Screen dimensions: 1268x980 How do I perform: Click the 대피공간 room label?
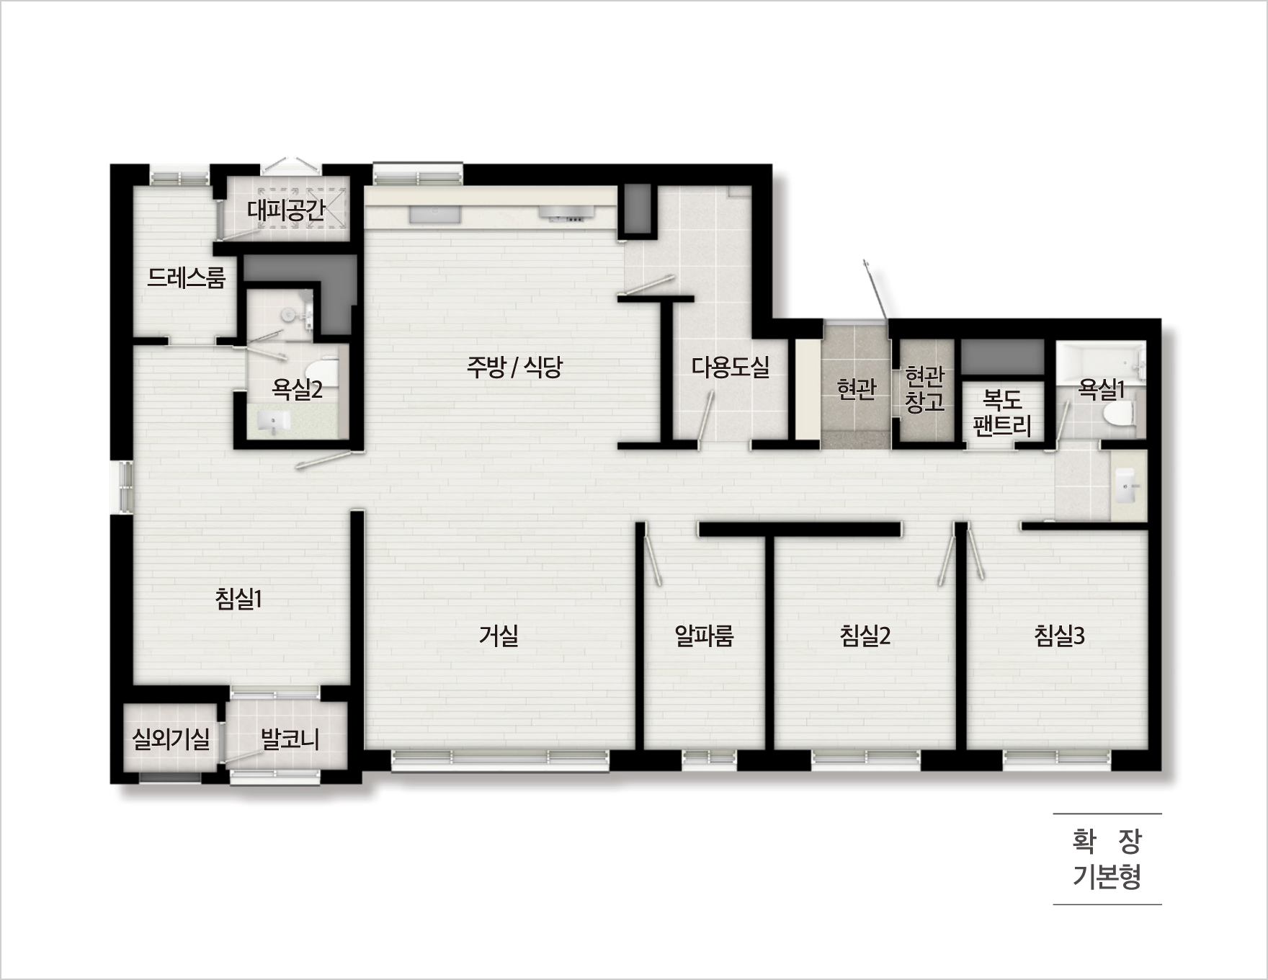point(287,210)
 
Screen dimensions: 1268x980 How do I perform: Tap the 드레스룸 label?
point(186,277)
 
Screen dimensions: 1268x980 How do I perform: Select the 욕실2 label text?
point(297,390)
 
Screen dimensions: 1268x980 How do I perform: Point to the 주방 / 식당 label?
point(514,367)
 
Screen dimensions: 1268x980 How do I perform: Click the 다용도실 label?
point(731,367)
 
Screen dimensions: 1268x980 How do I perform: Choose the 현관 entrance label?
point(856,389)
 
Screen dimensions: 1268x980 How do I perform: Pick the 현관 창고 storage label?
point(924,389)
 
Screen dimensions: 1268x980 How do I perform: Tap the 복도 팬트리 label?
point(1002,413)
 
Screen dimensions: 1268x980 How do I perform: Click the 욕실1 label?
point(1101,390)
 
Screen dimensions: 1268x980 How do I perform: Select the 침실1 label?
point(238,598)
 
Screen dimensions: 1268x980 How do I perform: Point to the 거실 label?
point(499,636)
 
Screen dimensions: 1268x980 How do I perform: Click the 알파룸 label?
point(704,636)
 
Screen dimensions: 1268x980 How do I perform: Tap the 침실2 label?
point(865,636)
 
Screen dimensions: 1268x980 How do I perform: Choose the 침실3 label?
point(1059,636)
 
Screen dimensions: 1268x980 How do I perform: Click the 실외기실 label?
point(171,739)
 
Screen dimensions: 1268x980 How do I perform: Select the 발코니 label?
point(290,739)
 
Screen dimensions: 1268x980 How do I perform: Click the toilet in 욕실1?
point(1118,415)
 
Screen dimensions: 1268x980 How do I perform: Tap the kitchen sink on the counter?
point(434,214)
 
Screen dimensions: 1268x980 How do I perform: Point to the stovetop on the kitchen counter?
point(568,213)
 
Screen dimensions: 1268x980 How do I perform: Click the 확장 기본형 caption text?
point(1107,859)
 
